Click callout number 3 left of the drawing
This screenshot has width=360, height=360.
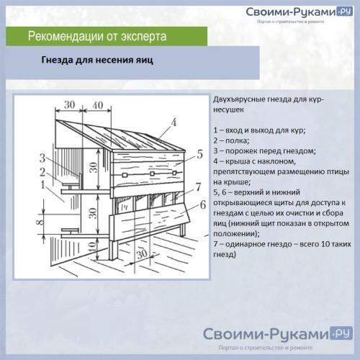[x=43, y=157]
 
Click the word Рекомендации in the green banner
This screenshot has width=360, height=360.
[x=68, y=36]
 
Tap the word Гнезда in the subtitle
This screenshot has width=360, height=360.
[x=60, y=61]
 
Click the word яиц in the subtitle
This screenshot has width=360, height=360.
[x=143, y=61]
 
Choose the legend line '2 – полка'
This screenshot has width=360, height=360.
[x=234, y=140]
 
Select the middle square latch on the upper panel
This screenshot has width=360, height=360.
[x=153, y=175]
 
